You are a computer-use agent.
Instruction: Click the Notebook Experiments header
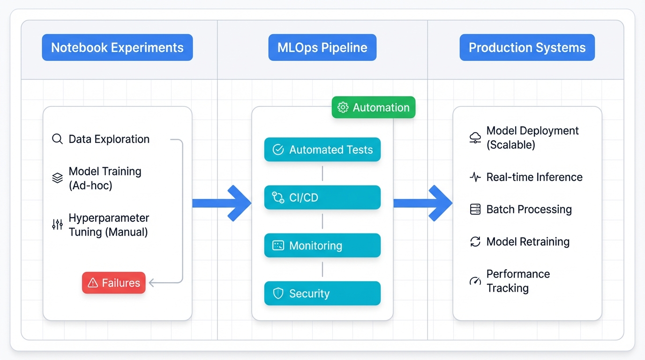coord(117,47)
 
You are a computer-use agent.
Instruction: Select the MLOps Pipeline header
coord(322,47)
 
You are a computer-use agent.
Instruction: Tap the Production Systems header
coord(527,47)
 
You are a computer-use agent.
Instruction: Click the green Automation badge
coord(373,107)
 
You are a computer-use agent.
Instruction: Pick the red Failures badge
coord(114,283)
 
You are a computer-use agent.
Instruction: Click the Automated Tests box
coord(322,150)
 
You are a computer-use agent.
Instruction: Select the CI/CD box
coord(322,197)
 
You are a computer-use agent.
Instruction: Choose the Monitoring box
coord(322,246)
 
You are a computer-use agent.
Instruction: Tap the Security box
coord(322,293)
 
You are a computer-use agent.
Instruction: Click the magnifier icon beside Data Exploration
coord(57,139)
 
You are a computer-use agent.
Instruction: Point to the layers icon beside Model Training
coord(57,178)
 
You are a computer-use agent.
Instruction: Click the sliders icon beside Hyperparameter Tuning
coord(57,225)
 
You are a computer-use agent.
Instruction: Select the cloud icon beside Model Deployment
coord(475,137)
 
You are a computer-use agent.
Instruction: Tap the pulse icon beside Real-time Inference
coord(475,177)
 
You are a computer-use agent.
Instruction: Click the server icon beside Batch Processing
coord(475,210)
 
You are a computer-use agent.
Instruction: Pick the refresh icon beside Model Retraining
coord(475,242)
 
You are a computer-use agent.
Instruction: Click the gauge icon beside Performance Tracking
coord(475,281)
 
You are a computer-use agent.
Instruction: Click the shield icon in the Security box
coord(278,293)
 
